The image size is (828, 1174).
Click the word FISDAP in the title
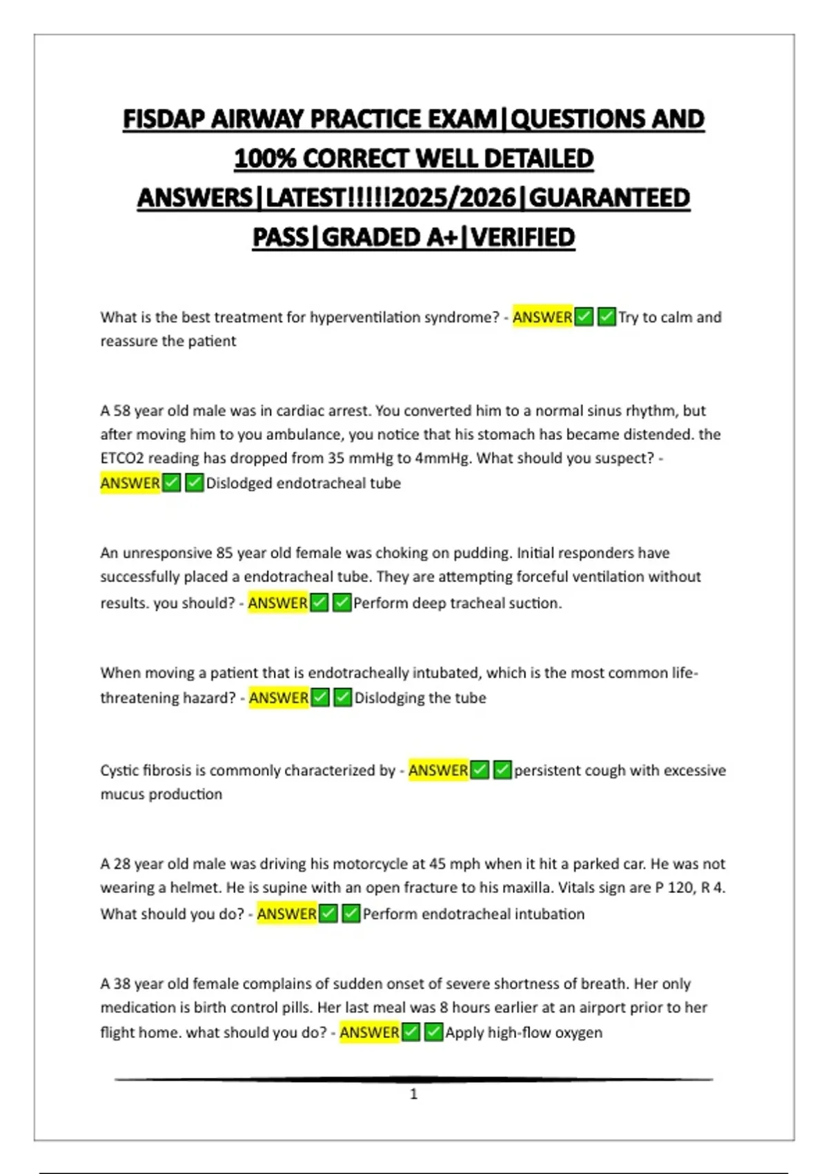click(164, 119)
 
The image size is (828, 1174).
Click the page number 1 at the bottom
click(413, 1094)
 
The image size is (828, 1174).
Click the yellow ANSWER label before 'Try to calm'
click(542, 317)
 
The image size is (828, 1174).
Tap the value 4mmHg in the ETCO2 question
click(437, 459)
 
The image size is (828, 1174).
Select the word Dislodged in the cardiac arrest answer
click(239, 483)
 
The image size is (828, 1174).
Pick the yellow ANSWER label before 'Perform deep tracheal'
click(278, 603)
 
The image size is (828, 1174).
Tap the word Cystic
click(119, 771)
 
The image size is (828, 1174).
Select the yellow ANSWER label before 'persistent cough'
click(438, 770)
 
